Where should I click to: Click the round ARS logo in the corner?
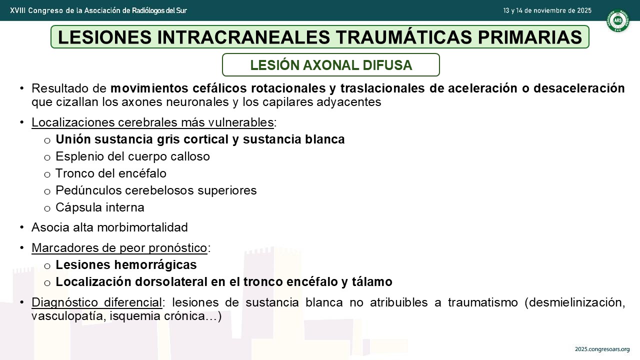click(618, 20)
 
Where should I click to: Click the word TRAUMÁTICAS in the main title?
click(403, 37)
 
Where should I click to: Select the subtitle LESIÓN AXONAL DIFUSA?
click(331, 65)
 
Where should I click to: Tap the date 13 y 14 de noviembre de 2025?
click(547, 10)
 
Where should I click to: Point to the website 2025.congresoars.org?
click(602, 349)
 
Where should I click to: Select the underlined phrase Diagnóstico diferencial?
click(97, 302)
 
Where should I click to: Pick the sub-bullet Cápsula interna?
click(99, 207)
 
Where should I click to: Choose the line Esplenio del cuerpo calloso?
click(132, 156)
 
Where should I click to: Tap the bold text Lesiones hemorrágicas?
click(126, 265)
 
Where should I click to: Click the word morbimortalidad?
click(142, 227)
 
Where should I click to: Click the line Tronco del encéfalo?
click(111, 173)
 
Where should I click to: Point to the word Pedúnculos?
click(88, 190)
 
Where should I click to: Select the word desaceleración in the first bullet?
click(579, 88)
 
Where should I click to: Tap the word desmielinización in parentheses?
click(575, 302)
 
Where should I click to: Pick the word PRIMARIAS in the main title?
click(530, 37)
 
